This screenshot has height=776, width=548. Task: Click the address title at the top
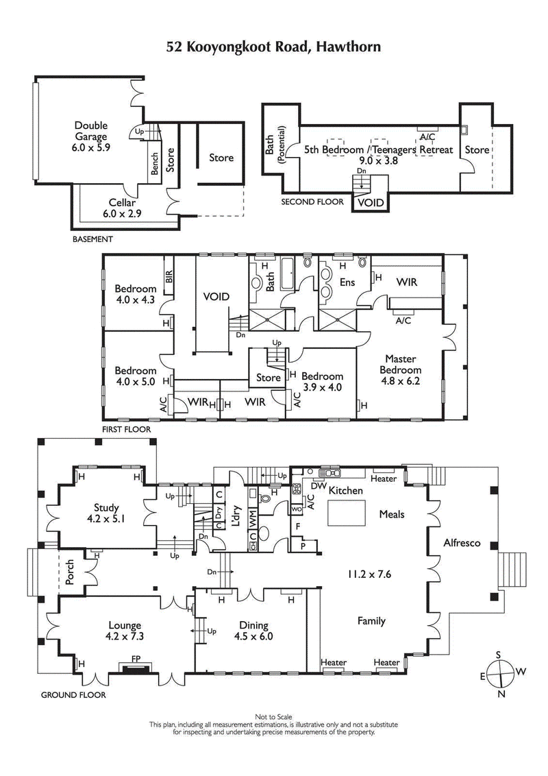pyautogui.click(x=274, y=47)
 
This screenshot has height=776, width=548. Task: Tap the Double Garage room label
pyautogui.click(x=91, y=136)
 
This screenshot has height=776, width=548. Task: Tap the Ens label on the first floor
pyautogui.click(x=347, y=282)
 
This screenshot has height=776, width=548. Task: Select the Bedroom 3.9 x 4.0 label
pyautogui.click(x=322, y=382)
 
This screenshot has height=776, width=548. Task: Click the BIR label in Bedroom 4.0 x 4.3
pyautogui.click(x=168, y=276)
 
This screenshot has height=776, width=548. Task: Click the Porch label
pyautogui.click(x=69, y=573)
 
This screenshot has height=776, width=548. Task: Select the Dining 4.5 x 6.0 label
pyautogui.click(x=253, y=630)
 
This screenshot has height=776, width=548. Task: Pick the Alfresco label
pyautogui.click(x=462, y=543)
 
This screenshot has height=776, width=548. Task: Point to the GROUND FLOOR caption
pyautogui.click(x=73, y=694)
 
